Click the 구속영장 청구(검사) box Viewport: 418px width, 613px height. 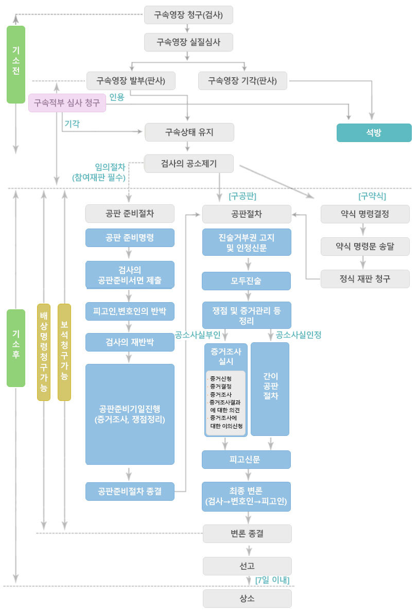point(188,15)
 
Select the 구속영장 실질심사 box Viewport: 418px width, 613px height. point(188,42)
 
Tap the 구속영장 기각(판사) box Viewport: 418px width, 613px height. point(242,81)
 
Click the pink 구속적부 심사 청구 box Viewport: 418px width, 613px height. point(67,103)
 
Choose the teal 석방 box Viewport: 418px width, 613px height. point(374,132)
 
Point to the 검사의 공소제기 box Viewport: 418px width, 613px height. point(189,164)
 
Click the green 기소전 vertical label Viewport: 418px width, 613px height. point(16,64)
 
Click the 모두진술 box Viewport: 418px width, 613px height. point(246,281)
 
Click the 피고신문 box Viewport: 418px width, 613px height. point(246,460)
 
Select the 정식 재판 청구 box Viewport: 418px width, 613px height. point(365,279)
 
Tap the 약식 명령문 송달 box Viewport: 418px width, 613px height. point(365,246)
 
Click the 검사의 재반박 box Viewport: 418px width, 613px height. point(130,342)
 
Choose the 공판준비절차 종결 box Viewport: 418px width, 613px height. point(130,491)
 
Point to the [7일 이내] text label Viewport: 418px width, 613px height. point(272,580)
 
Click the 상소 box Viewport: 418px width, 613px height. point(247,599)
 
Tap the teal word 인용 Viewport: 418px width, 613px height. point(117,97)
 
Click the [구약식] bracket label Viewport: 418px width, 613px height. point(372,196)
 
